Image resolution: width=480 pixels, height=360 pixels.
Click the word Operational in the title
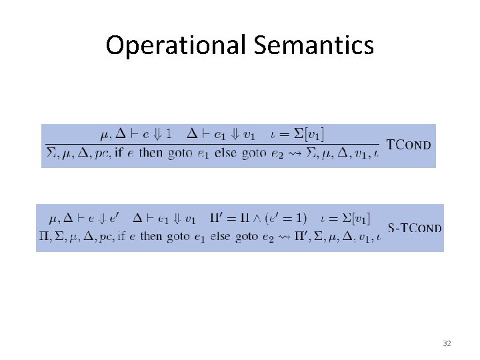tap(175, 46)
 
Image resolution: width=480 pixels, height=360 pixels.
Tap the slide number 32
tap(447, 343)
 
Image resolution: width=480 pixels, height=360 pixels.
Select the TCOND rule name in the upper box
tap(409, 145)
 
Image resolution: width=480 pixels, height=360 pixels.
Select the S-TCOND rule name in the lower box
tap(414, 228)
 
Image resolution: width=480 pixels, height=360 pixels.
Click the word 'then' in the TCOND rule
tap(151, 154)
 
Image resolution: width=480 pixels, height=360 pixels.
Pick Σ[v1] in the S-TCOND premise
tap(354, 218)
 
